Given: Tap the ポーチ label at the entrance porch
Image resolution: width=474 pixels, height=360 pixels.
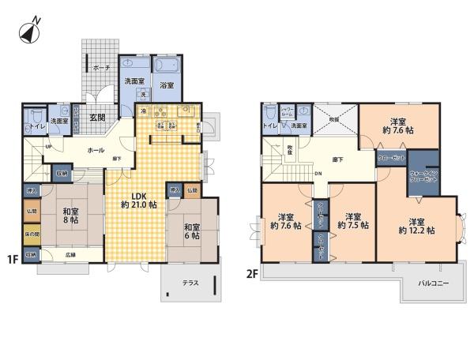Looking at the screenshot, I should [100, 69].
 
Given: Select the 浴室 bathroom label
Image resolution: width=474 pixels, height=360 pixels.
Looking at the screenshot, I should [167, 84].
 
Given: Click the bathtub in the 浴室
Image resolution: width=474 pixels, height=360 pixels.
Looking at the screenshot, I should [167, 66].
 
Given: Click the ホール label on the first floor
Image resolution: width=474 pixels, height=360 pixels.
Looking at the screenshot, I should [96, 149].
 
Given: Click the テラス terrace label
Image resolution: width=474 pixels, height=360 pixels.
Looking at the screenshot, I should [190, 283].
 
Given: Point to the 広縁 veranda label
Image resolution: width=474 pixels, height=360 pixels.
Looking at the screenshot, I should [70, 254].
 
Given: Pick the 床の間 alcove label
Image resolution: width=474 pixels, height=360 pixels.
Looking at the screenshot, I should [32, 234].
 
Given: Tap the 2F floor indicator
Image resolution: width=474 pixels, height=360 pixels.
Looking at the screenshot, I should [251, 273].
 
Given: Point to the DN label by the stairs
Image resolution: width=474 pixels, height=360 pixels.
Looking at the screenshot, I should [318, 174].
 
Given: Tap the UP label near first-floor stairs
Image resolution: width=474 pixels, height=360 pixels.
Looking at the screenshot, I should [49, 147].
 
